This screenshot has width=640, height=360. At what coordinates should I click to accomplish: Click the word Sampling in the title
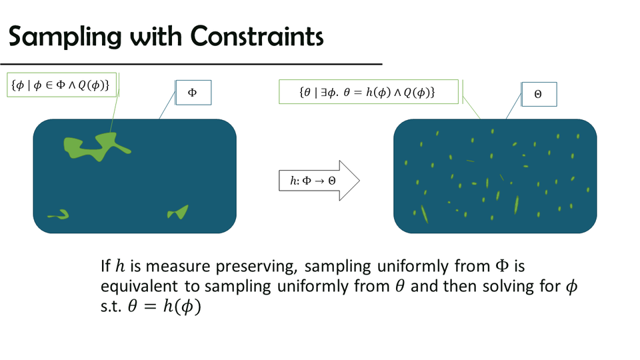click(x=65, y=37)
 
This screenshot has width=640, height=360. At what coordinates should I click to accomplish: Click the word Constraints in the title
click(x=257, y=36)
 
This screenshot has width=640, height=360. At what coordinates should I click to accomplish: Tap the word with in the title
click(x=156, y=36)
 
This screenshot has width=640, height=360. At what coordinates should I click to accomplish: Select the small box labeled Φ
click(x=193, y=93)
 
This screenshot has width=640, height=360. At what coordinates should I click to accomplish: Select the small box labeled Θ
click(x=539, y=94)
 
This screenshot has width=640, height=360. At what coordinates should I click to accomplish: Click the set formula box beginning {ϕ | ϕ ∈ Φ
click(x=61, y=85)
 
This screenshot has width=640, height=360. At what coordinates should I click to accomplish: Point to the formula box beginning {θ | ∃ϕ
click(x=369, y=92)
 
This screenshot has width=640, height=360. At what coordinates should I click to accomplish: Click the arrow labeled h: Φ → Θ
click(x=319, y=181)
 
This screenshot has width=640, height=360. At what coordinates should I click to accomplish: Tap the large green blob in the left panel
click(x=96, y=147)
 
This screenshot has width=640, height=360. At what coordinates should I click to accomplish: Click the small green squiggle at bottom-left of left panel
click(x=59, y=215)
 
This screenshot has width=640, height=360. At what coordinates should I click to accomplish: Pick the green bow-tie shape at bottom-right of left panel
click(x=178, y=212)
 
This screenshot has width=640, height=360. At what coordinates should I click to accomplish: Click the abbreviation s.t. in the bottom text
click(x=111, y=307)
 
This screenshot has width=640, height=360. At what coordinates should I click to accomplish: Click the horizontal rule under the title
click(x=191, y=64)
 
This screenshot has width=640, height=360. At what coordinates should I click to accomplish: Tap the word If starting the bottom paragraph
click(x=105, y=267)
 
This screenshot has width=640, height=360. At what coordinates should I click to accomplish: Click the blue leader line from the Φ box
click(x=167, y=105)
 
